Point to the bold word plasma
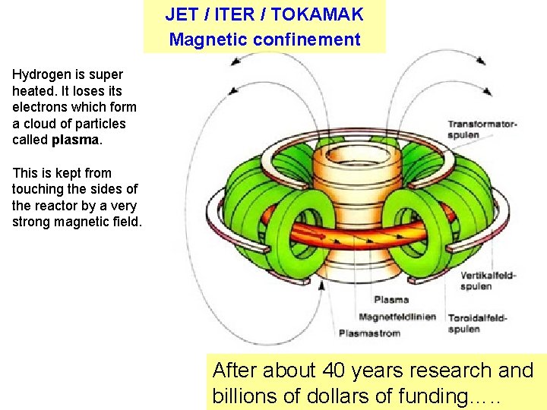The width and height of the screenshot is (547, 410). [x=75, y=140]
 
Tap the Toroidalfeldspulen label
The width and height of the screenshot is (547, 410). [x=476, y=323]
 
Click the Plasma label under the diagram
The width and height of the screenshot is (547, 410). [x=390, y=300]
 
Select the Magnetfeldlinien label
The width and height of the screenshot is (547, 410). [x=397, y=317]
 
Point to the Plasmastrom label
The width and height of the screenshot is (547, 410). [x=369, y=333]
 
